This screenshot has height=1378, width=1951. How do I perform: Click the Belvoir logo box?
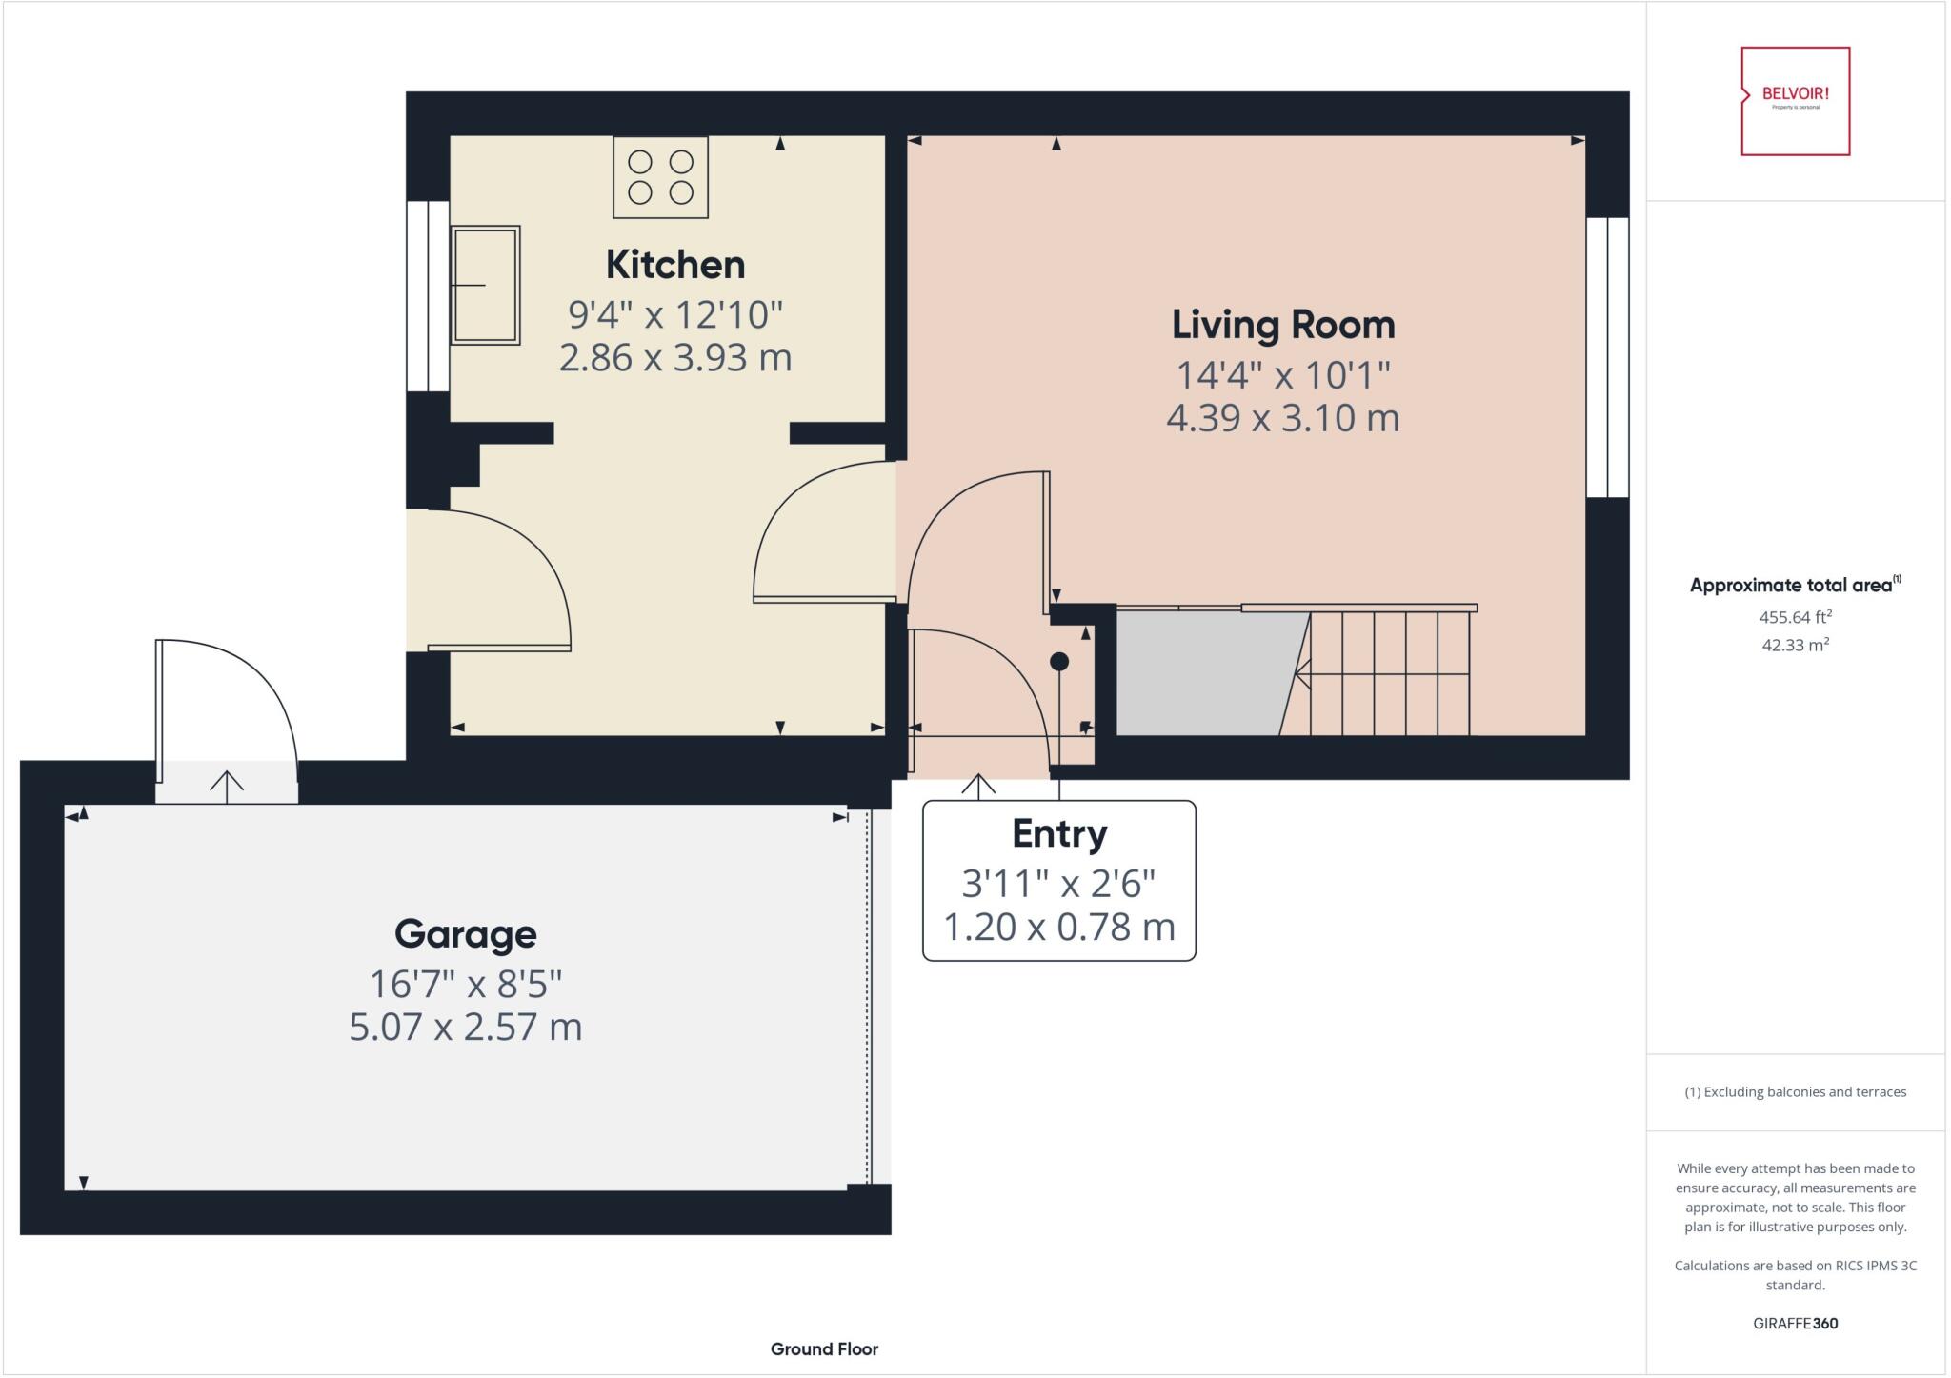coord(1795,101)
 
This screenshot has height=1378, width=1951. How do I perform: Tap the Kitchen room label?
coord(674,265)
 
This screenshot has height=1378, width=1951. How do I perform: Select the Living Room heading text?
coord(1282,325)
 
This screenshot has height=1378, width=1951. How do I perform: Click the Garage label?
coord(465,933)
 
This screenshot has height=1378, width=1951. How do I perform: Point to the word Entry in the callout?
coord(1058,833)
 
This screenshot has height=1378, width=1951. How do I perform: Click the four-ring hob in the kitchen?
coord(660,177)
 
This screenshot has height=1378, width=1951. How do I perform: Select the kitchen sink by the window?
coord(485,285)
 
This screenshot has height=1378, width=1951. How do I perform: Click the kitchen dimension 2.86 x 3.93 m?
coord(674,358)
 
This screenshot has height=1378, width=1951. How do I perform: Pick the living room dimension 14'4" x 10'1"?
coord(1282,374)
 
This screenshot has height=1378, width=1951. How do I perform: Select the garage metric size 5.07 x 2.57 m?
coord(465,1027)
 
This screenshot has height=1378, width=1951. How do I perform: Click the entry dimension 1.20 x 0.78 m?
coord(1058,927)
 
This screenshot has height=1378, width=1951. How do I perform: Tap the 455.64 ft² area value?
coord(1795,617)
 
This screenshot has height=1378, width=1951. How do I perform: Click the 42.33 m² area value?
coord(1795,645)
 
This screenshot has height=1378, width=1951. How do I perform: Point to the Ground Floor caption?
coord(824,1348)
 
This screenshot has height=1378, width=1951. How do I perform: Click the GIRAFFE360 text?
coord(1795,1323)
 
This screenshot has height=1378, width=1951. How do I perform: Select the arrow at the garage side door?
coord(227,786)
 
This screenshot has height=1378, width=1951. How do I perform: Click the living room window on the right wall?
coord(1607,357)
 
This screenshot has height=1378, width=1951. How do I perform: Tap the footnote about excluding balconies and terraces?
coord(1795,1092)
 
